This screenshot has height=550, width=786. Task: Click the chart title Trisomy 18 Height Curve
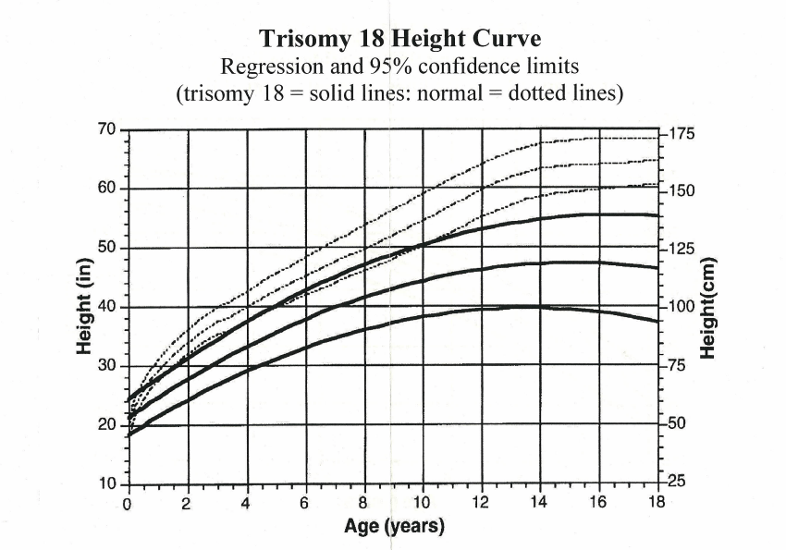click(x=399, y=40)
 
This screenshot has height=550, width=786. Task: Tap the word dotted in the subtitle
click(x=532, y=94)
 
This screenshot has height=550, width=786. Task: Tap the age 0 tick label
click(x=128, y=504)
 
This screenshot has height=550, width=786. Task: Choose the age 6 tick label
click(x=304, y=504)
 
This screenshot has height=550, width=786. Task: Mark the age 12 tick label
click(x=480, y=504)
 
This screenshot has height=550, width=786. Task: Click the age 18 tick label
click(x=656, y=504)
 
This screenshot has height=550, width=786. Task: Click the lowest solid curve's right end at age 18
click(x=657, y=322)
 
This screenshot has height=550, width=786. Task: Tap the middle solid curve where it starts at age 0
click(x=129, y=413)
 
